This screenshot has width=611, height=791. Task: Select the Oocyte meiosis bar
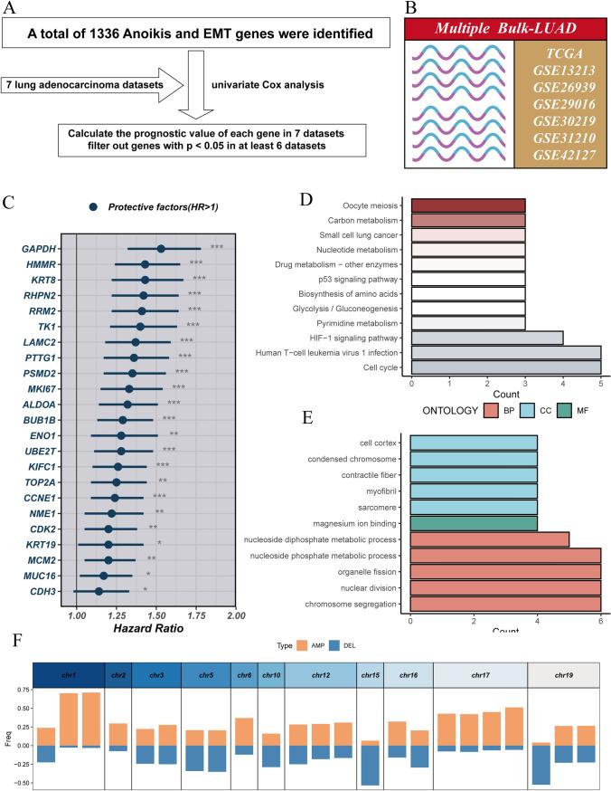(467, 205)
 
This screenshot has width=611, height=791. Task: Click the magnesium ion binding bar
(473, 522)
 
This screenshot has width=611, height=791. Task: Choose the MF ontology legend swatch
(565, 410)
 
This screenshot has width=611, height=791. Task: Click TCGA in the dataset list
(557, 53)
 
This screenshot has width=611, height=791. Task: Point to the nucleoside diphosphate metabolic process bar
(489, 539)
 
